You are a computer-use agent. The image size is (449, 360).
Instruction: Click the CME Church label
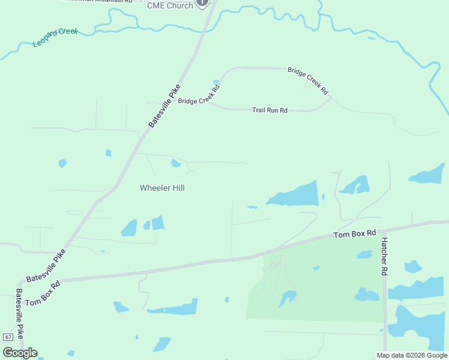pos(170,5)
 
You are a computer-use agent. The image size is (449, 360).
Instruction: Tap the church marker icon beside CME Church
pos(202,3)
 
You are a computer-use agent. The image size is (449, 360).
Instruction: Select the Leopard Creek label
pos(55,38)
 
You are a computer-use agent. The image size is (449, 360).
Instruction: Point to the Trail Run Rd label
pos(270,110)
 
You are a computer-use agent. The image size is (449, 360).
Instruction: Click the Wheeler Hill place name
pos(162,188)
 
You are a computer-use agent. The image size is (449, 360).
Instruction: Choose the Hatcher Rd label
pos(384,256)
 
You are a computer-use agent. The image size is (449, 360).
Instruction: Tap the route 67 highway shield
pos(7,337)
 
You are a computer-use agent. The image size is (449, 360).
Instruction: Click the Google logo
pos(20,352)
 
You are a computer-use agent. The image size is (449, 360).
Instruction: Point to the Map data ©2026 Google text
pos(412,355)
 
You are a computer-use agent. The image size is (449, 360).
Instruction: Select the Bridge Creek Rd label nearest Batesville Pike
pos(199,94)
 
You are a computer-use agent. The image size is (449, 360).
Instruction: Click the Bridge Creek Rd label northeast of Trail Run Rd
pos(308,80)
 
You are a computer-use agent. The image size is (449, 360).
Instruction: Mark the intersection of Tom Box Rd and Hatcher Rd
pos(383,230)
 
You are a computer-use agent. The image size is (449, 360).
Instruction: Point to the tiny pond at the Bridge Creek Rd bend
pos(216,83)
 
